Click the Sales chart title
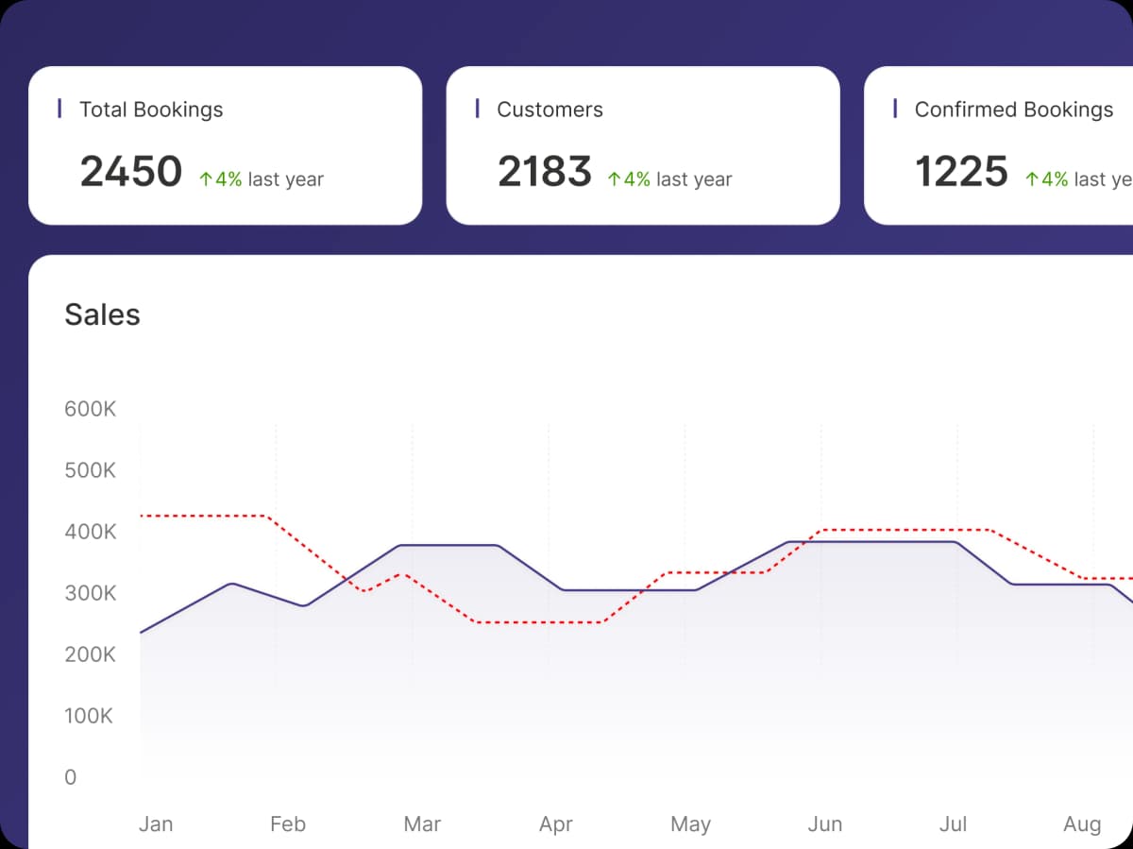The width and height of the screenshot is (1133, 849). click(x=102, y=314)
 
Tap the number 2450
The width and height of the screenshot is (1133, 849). click(x=130, y=172)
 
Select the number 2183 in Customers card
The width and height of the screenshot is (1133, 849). click(x=545, y=172)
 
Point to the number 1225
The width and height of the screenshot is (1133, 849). click(x=962, y=172)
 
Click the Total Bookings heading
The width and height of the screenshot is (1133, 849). click(x=151, y=110)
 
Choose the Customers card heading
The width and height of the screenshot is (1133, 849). click(x=550, y=110)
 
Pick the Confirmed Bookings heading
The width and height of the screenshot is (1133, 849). click(x=1014, y=110)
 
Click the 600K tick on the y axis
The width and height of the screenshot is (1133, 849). click(x=90, y=410)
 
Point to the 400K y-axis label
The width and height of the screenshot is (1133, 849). click(x=90, y=533)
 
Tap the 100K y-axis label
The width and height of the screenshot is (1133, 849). click(x=88, y=717)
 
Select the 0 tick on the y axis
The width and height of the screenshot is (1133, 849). click(x=71, y=778)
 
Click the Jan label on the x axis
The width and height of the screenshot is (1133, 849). click(x=156, y=824)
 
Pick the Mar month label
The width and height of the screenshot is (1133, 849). click(x=422, y=824)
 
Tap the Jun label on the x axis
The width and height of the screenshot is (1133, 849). click(x=824, y=824)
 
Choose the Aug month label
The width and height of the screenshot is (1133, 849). click(x=1082, y=824)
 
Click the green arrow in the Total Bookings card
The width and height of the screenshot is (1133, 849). click(x=205, y=179)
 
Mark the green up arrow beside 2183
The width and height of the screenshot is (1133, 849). click(x=614, y=179)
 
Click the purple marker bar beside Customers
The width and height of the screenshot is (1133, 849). click(x=478, y=109)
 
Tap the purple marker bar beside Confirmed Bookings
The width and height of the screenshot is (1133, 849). click(x=895, y=109)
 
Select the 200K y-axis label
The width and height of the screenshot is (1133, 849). click(x=90, y=655)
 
